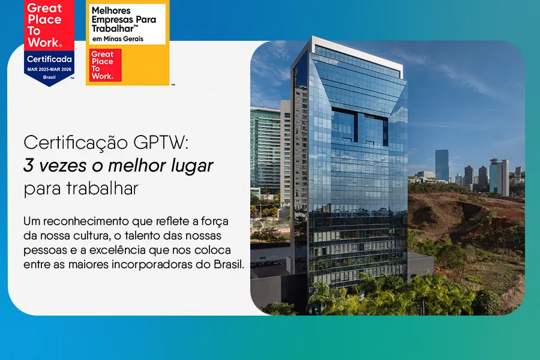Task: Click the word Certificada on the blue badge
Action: (x=49, y=59)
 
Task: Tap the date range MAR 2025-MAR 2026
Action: (x=49, y=69)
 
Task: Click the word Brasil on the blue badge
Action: (x=49, y=77)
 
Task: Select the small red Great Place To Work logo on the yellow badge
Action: (x=105, y=65)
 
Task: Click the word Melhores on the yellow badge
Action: (x=112, y=11)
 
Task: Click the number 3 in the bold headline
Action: (x=28, y=166)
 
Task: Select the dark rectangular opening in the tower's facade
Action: (x=358, y=127)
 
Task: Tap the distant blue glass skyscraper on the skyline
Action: (x=442, y=164)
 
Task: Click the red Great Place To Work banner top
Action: (x=44, y=24)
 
